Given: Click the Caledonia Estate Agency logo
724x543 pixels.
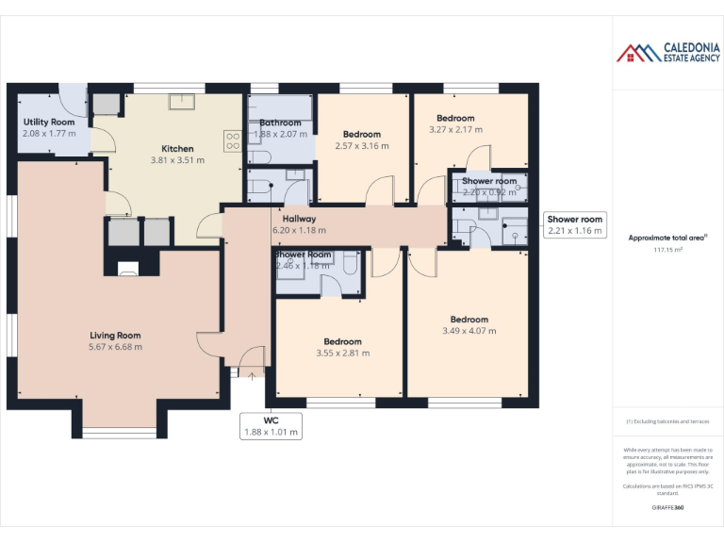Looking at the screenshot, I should (x=668, y=53).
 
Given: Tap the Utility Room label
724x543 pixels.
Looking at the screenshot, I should (x=49, y=123).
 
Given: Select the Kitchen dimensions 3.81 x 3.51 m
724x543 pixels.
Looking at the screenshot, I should (x=177, y=160).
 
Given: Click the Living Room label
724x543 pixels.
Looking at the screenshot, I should (x=115, y=335).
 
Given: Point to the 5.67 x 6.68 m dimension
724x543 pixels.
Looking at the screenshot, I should (x=115, y=347).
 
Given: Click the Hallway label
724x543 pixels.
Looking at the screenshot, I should (x=299, y=219).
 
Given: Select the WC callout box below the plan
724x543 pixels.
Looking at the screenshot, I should (x=271, y=426).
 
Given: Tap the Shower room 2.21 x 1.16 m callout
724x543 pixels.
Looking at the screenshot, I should (x=575, y=224).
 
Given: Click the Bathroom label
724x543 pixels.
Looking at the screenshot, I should (x=280, y=123).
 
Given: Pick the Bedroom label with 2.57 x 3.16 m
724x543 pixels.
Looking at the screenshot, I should (x=362, y=135).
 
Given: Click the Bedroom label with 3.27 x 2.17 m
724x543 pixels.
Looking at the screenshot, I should (x=455, y=119).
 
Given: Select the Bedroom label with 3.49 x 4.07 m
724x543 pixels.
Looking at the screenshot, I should (x=469, y=320).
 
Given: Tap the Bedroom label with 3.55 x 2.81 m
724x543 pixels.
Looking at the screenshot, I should (x=342, y=341).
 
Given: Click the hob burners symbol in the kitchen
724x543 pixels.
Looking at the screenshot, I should (x=232, y=140).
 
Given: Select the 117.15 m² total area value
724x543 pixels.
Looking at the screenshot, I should (x=668, y=251).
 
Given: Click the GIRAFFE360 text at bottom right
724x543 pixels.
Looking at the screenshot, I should (x=668, y=508).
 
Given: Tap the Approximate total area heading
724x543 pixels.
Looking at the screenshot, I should (x=668, y=238).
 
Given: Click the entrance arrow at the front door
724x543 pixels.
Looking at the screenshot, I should (x=251, y=374).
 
